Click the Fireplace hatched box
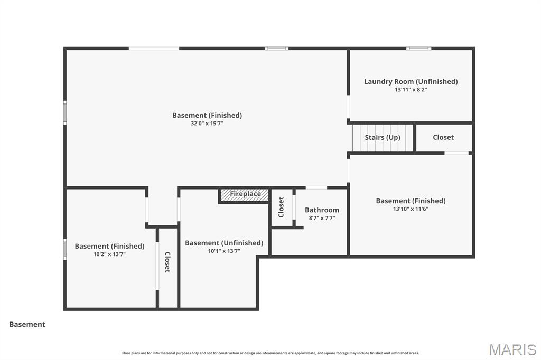[244, 195]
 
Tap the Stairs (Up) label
[383, 137]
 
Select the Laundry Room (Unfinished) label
[411, 81]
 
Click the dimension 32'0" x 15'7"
[207, 124]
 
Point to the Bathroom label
[322, 210]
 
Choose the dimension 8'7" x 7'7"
[322, 218]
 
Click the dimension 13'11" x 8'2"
[411, 90]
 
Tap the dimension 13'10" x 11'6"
[411, 209]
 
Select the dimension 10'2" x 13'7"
[109, 254]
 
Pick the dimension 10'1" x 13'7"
[224, 251]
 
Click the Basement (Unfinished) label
[224, 243]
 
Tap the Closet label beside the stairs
[443, 137]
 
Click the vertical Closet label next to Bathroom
[282, 207]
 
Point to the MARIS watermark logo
[512, 349]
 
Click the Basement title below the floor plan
[27, 325]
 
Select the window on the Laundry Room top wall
[418, 49]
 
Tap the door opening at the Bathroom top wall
[316, 187]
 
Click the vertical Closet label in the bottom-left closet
[167, 262]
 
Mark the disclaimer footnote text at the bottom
[270, 353]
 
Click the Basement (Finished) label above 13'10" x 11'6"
[411, 201]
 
